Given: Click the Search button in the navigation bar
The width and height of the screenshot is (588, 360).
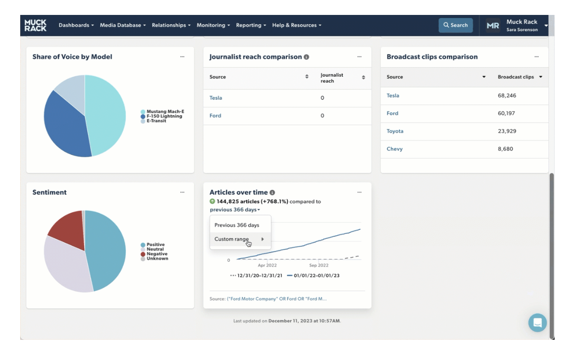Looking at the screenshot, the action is point(455,25).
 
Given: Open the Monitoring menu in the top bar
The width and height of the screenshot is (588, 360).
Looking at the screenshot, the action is point(213,25).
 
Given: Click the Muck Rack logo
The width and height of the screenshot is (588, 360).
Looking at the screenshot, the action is point(36,25).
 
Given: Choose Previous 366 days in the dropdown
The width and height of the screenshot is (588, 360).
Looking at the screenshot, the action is point(237,225).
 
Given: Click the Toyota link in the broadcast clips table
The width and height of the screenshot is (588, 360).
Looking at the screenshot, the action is point(395,131).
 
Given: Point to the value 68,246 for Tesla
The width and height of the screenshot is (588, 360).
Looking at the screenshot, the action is point(507,95).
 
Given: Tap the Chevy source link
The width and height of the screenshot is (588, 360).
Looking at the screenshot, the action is point(394,149).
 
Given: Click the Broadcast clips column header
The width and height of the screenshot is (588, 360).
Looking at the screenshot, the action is point(516,77).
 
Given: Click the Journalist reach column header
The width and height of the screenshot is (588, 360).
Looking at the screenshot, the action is point(332,78).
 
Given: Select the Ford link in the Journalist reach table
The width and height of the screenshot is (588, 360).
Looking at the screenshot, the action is point(215,115).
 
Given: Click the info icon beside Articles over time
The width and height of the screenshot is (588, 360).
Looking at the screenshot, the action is point(272,192).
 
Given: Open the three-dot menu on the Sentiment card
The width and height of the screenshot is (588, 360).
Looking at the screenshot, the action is point(182,192).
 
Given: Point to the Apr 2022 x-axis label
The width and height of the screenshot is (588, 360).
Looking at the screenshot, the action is point(267,265).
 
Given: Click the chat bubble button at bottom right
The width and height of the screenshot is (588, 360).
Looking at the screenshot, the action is point(538,322).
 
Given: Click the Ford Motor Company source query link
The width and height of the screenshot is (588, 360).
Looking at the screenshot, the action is point(277,299).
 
